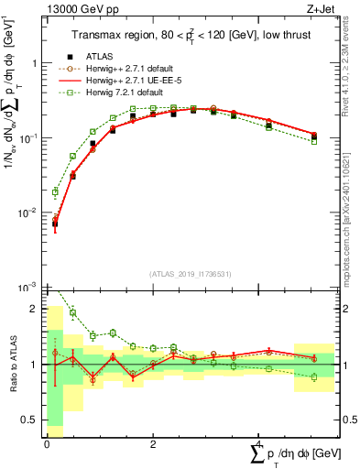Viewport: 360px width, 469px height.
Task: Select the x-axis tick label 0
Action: point(47,442)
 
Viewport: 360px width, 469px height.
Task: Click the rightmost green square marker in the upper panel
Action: point(314,141)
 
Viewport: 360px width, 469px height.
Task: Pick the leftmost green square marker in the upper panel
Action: point(55,192)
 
